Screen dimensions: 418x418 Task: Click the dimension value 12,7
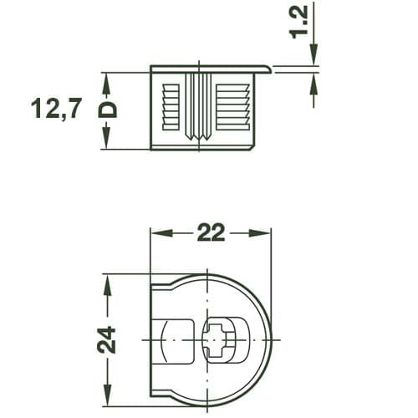point(57,109)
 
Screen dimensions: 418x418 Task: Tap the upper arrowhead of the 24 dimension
point(106,279)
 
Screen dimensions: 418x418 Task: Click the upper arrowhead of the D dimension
point(107,79)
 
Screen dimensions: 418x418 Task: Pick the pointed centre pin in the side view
point(201,109)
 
